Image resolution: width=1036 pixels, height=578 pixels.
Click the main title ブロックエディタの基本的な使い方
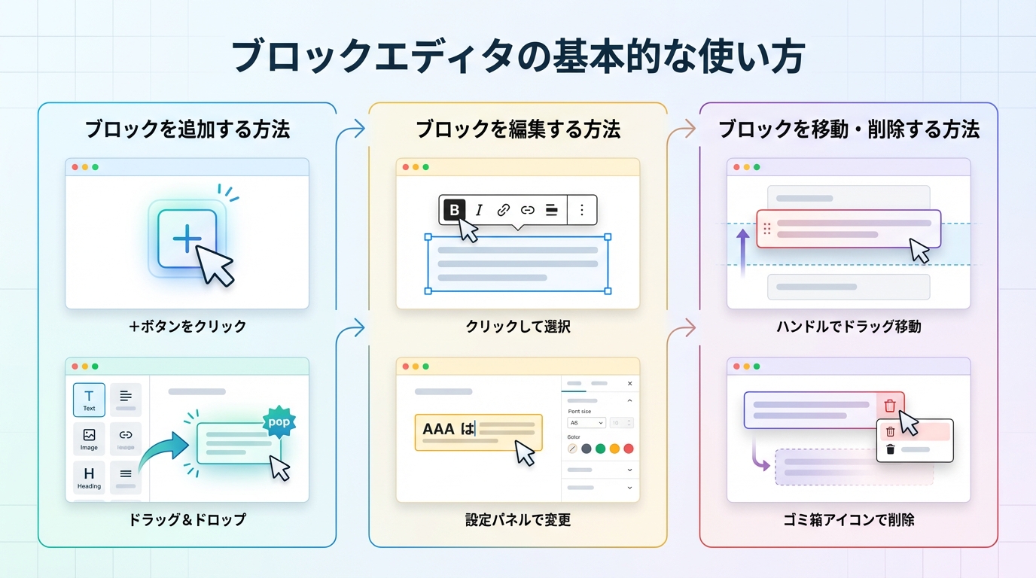[518, 57]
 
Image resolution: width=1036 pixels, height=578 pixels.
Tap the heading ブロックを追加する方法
[187, 129]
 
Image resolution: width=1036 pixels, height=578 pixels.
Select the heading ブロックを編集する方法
[518, 129]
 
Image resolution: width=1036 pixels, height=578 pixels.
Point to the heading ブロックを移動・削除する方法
[849, 129]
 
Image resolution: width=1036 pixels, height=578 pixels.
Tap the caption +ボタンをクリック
[187, 327]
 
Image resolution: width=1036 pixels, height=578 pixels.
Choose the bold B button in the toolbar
[454, 210]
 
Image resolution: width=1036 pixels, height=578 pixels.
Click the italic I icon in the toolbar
[479, 210]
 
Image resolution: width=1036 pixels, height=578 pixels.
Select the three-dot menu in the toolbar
[581, 210]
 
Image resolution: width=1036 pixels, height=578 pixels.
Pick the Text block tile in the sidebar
[89, 400]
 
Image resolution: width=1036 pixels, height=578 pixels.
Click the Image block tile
[89, 437]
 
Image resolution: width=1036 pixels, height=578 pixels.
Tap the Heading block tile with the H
[89, 476]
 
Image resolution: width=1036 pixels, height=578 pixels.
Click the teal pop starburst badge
[279, 422]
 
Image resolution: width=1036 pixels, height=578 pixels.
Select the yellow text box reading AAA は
[478, 432]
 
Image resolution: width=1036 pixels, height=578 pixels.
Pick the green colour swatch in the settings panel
[600, 449]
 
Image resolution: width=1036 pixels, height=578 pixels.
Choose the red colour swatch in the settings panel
[629, 449]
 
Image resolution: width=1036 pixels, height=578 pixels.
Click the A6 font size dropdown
[586, 423]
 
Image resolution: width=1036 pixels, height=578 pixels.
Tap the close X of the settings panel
[630, 384]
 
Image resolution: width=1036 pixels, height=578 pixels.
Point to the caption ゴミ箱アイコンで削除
[849, 519]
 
